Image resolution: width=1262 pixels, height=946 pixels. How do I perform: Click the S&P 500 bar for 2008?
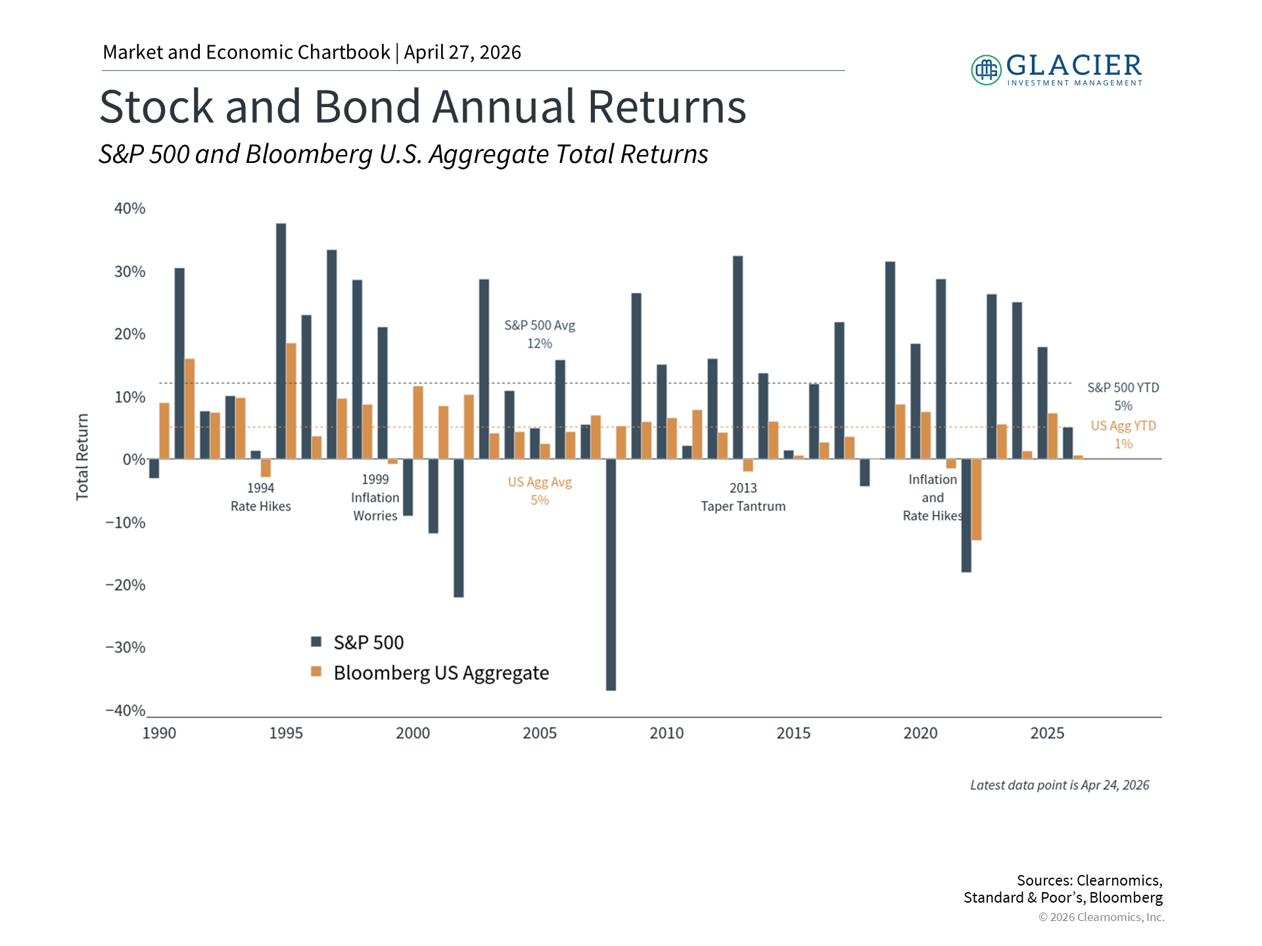tap(611, 574)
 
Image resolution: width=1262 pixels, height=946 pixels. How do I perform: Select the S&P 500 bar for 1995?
tap(281, 341)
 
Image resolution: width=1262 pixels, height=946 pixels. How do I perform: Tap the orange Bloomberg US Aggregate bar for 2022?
tap(977, 499)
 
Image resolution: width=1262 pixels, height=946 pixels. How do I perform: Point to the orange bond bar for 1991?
tap(189, 409)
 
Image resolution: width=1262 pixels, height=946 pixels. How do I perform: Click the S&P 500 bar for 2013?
tap(737, 357)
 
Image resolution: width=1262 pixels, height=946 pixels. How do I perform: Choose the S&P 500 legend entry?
tap(358, 642)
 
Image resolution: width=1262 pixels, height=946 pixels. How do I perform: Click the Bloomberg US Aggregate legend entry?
tap(431, 673)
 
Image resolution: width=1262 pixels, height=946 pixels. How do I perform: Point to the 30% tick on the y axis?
tap(129, 272)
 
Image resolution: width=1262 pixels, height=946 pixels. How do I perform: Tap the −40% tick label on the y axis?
tap(126, 711)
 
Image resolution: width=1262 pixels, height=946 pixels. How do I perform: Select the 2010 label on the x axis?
tap(666, 733)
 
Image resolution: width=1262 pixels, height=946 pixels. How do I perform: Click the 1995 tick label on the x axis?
tap(286, 733)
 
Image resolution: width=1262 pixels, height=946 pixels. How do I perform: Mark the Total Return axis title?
tap(82, 457)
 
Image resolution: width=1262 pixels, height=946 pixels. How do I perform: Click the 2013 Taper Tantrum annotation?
tap(743, 497)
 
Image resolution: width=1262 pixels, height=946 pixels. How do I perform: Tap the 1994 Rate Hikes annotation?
tap(260, 497)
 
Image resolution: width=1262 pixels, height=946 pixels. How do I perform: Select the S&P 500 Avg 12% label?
tap(540, 334)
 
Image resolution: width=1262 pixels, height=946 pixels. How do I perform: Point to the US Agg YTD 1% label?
tap(1123, 435)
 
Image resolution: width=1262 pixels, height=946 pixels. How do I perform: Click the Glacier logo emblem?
tap(986, 70)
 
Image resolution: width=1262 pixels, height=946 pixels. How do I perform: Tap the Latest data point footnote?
tap(1060, 785)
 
